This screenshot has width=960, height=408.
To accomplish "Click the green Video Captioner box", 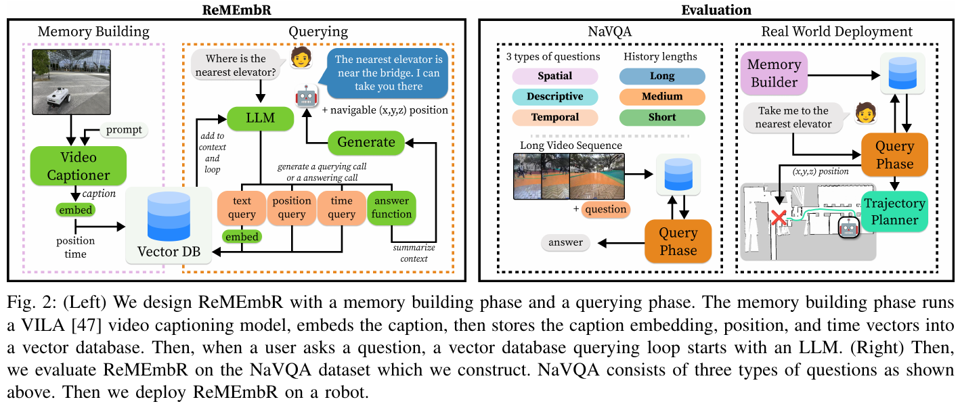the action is pyautogui.click(x=79, y=166).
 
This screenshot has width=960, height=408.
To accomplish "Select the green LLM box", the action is pyautogui.click(x=260, y=118).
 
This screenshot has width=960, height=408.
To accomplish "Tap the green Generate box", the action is pyautogui.click(x=366, y=143).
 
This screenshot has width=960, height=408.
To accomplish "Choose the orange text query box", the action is pyautogui.click(x=242, y=208).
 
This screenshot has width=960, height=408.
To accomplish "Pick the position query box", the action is pyautogui.click(x=291, y=208).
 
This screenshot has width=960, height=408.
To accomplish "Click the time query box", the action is pyautogui.click(x=342, y=208).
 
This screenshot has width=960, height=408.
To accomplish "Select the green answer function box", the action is pyautogui.click(x=391, y=208).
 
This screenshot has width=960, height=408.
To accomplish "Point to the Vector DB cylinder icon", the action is pyautogui.click(x=169, y=217).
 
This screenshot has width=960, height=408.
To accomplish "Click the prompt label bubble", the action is pyautogui.click(x=124, y=130).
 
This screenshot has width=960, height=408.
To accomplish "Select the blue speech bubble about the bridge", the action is pyautogui.click(x=387, y=73).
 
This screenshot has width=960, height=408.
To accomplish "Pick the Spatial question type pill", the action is pyautogui.click(x=555, y=76).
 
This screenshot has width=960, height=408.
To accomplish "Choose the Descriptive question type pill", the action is pyautogui.click(x=555, y=97).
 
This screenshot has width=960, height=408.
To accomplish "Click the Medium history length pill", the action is pyautogui.click(x=662, y=97).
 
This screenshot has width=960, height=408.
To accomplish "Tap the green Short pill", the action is pyautogui.click(x=662, y=117).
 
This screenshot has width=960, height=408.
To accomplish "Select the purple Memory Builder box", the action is pyautogui.click(x=774, y=73).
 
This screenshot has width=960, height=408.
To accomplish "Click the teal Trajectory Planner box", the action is pyautogui.click(x=894, y=212).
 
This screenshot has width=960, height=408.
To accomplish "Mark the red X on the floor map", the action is pyautogui.click(x=779, y=218).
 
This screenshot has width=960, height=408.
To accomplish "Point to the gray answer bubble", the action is pyautogui.click(x=565, y=243).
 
